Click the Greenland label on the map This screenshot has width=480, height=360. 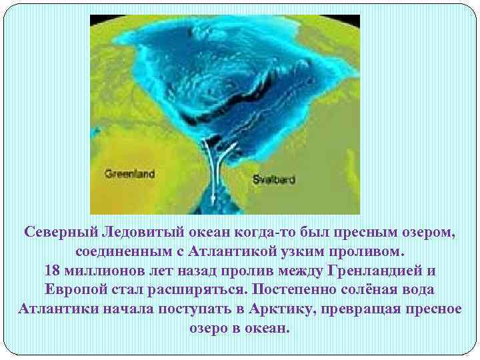[x=129, y=174]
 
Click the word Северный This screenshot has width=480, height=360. [x=60, y=232]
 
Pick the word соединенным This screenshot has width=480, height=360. [x=125, y=252]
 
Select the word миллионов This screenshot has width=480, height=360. [x=107, y=271]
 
